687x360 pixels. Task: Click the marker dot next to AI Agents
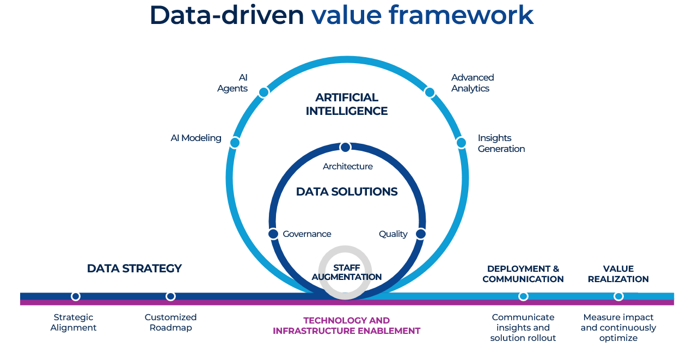click(x=263, y=92)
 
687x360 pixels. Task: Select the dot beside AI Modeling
click(x=235, y=143)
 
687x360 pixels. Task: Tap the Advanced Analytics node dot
click(x=430, y=92)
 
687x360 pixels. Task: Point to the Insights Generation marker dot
click(x=461, y=143)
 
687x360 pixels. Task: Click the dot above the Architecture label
click(x=345, y=147)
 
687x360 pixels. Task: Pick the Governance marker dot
click(x=273, y=234)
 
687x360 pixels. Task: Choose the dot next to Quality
click(x=420, y=234)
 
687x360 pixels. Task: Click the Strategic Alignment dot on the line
click(x=76, y=296)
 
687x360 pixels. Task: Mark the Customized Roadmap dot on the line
click(x=170, y=296)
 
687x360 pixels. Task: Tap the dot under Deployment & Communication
click(x=523, y=296)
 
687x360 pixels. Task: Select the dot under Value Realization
click(x=618, y=296)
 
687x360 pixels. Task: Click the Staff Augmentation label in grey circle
click(x=347, y=272)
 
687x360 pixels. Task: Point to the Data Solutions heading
click(x=347, y=192)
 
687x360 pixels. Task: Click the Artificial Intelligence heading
click(x=347, y=104)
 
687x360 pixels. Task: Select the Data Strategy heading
click(x=134, y=269)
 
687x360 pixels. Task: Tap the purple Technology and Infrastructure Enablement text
click(x=347, y=326)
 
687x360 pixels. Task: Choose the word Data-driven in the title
click(x=226, y=15)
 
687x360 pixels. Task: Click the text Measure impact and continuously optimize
click(x=618, y=327)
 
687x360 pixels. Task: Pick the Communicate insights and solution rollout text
click(x=523, y=327)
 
